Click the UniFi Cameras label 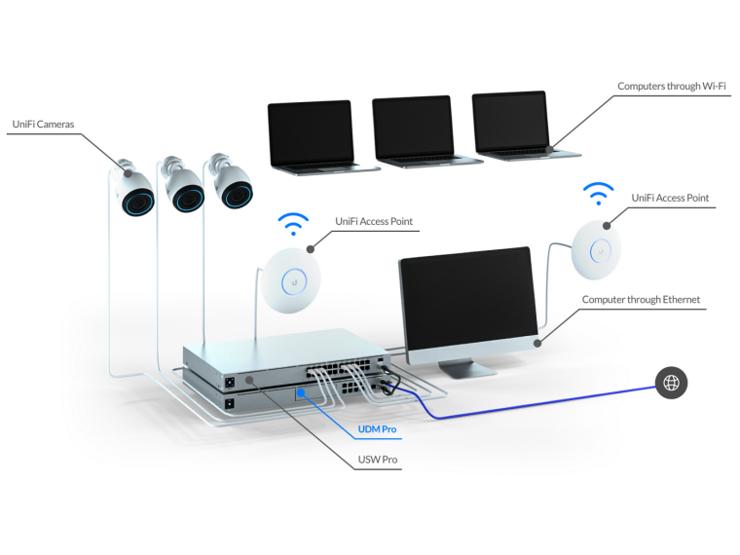pos(44,124)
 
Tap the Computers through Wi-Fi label pos(672,86)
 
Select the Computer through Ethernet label pos(641,299)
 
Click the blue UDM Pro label pos(377,429)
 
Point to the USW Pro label pos(378,460)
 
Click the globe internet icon pos(671,383)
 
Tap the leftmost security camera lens pos(138,203)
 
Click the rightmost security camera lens pos(238,195)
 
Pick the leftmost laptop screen pos(311,132)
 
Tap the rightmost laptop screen pos(510,122)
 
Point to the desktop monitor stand pos(462,368)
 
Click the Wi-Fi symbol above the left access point pos(293,224)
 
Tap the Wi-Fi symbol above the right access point pos(599,194)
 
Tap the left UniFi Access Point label pos(374,221)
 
